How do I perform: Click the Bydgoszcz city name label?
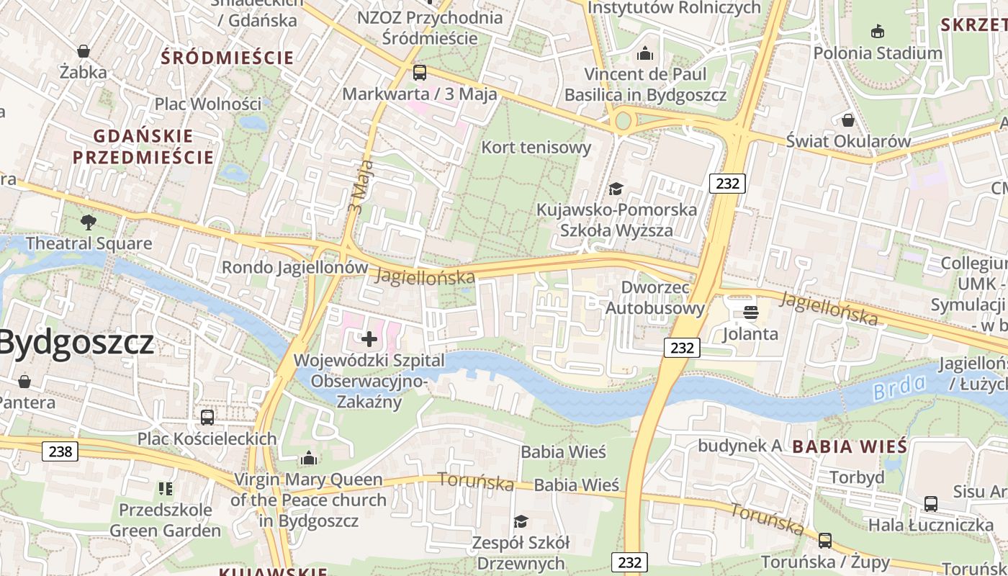(76, 342)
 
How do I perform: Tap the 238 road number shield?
(60, 451)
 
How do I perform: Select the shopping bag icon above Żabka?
(84, 51)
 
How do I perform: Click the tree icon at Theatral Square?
(89, 222)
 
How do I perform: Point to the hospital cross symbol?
(369, 338)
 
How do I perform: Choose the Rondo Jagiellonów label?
(294, 267)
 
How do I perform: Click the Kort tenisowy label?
(536, 148)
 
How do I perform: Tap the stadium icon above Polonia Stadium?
(878, 32)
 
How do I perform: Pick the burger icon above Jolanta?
(750, 312)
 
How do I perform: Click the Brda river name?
(899, 388)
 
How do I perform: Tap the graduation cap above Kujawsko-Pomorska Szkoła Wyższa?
(616, 189)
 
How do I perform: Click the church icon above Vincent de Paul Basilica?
(645, 53)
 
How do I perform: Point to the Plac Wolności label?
(208, 104)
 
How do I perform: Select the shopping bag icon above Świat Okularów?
(848, 120)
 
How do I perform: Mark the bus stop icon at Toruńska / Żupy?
(825, 540)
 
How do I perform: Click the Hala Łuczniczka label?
(930, 525)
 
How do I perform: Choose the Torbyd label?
(857, 477)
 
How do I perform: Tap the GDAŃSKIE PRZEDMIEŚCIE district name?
(143, 146)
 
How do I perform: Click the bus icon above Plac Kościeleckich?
(207, 417)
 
